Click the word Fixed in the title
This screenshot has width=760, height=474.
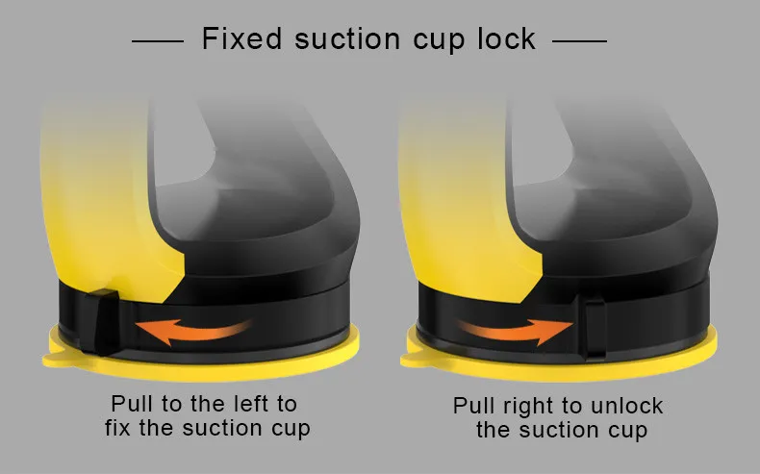pos(241,38)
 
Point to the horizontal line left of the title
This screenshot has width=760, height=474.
pos(158,41)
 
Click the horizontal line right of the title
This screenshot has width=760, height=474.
pos(579,41)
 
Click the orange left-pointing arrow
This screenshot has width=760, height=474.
pos(193,331)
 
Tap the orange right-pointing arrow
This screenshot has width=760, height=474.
pos(516,331)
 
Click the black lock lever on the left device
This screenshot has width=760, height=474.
pos(99,321)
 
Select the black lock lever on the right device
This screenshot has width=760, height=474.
pos(595,328)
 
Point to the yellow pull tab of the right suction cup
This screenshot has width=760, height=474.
pos(413,360)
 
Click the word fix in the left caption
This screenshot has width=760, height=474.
pos(117,428)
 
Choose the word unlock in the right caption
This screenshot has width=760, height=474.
pos(627,406)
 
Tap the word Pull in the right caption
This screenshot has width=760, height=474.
pos(474,406)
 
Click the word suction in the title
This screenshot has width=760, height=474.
pos(347,38)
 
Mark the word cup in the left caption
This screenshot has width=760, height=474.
pos(291,430)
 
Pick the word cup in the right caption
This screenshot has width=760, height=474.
pos(627,432)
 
